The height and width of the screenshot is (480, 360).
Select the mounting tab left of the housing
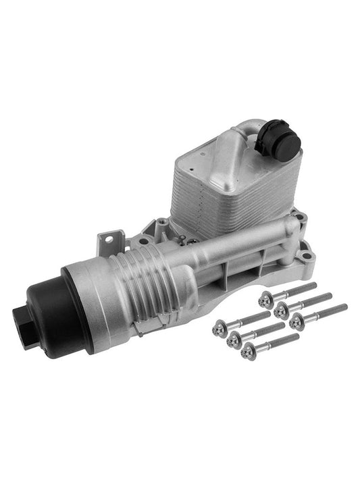point(107,240)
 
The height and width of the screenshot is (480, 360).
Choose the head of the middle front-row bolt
point(234,338)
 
